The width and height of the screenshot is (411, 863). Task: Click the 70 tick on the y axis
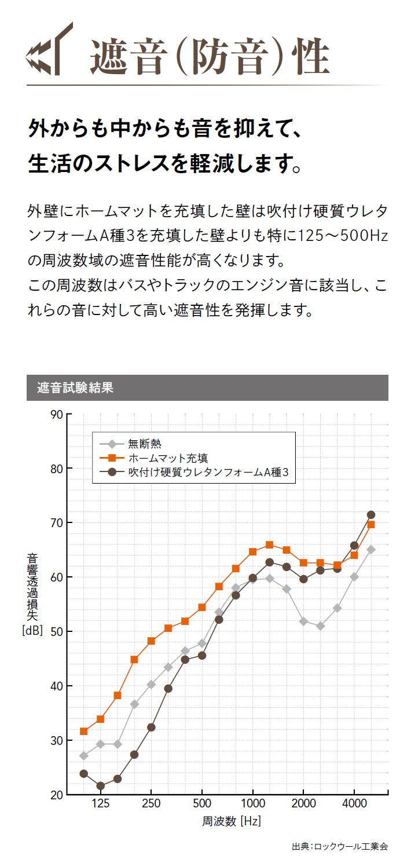[x=56, y=523]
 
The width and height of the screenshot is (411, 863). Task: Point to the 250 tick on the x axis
[x=151, y=803]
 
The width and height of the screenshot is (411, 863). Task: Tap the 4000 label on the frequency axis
[x=354, y=803]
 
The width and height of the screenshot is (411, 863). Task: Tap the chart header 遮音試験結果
[x=75, y=387]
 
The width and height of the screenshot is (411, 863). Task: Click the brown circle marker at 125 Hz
[x=100, y=786]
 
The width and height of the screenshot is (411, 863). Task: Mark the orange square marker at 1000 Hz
[x=252, y=551]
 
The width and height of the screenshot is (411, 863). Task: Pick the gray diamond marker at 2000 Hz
[x=303, y=621]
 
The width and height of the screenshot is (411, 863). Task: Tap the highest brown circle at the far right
[x=371, y=515]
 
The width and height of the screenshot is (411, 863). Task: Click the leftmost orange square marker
[x=83, y=732]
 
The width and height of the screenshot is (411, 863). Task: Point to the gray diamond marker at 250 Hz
[x=151, y=684]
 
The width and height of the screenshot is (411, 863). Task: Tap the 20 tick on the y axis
[x=56, y=795]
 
